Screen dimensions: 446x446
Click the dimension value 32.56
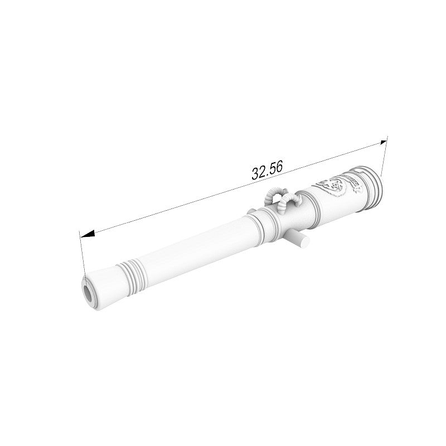[x=267, y=171]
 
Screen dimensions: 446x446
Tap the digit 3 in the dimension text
[x=255, y=174]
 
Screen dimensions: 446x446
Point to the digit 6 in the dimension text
[x=279, y=167]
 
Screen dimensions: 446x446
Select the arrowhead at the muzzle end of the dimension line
[x=88, y=234]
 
